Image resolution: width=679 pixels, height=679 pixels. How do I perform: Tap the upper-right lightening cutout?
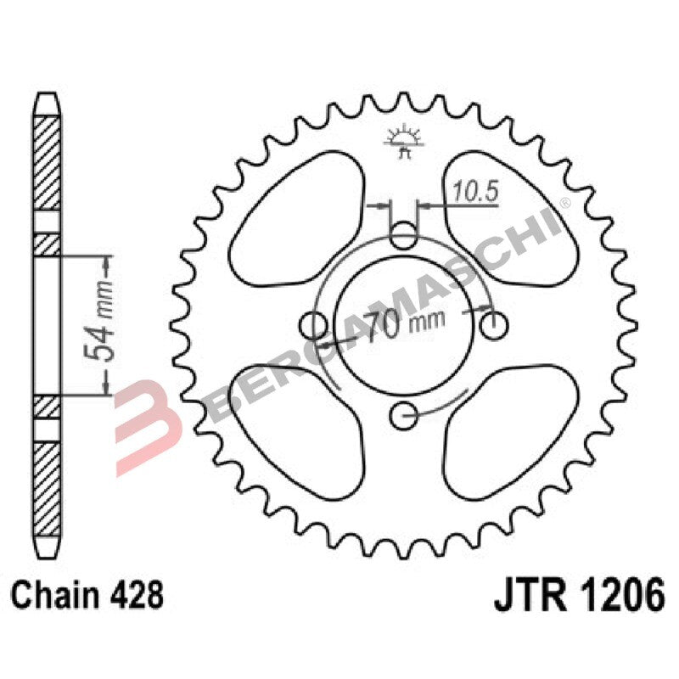[509, 216]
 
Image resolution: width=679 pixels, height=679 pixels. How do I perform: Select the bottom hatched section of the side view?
[48, 475]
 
